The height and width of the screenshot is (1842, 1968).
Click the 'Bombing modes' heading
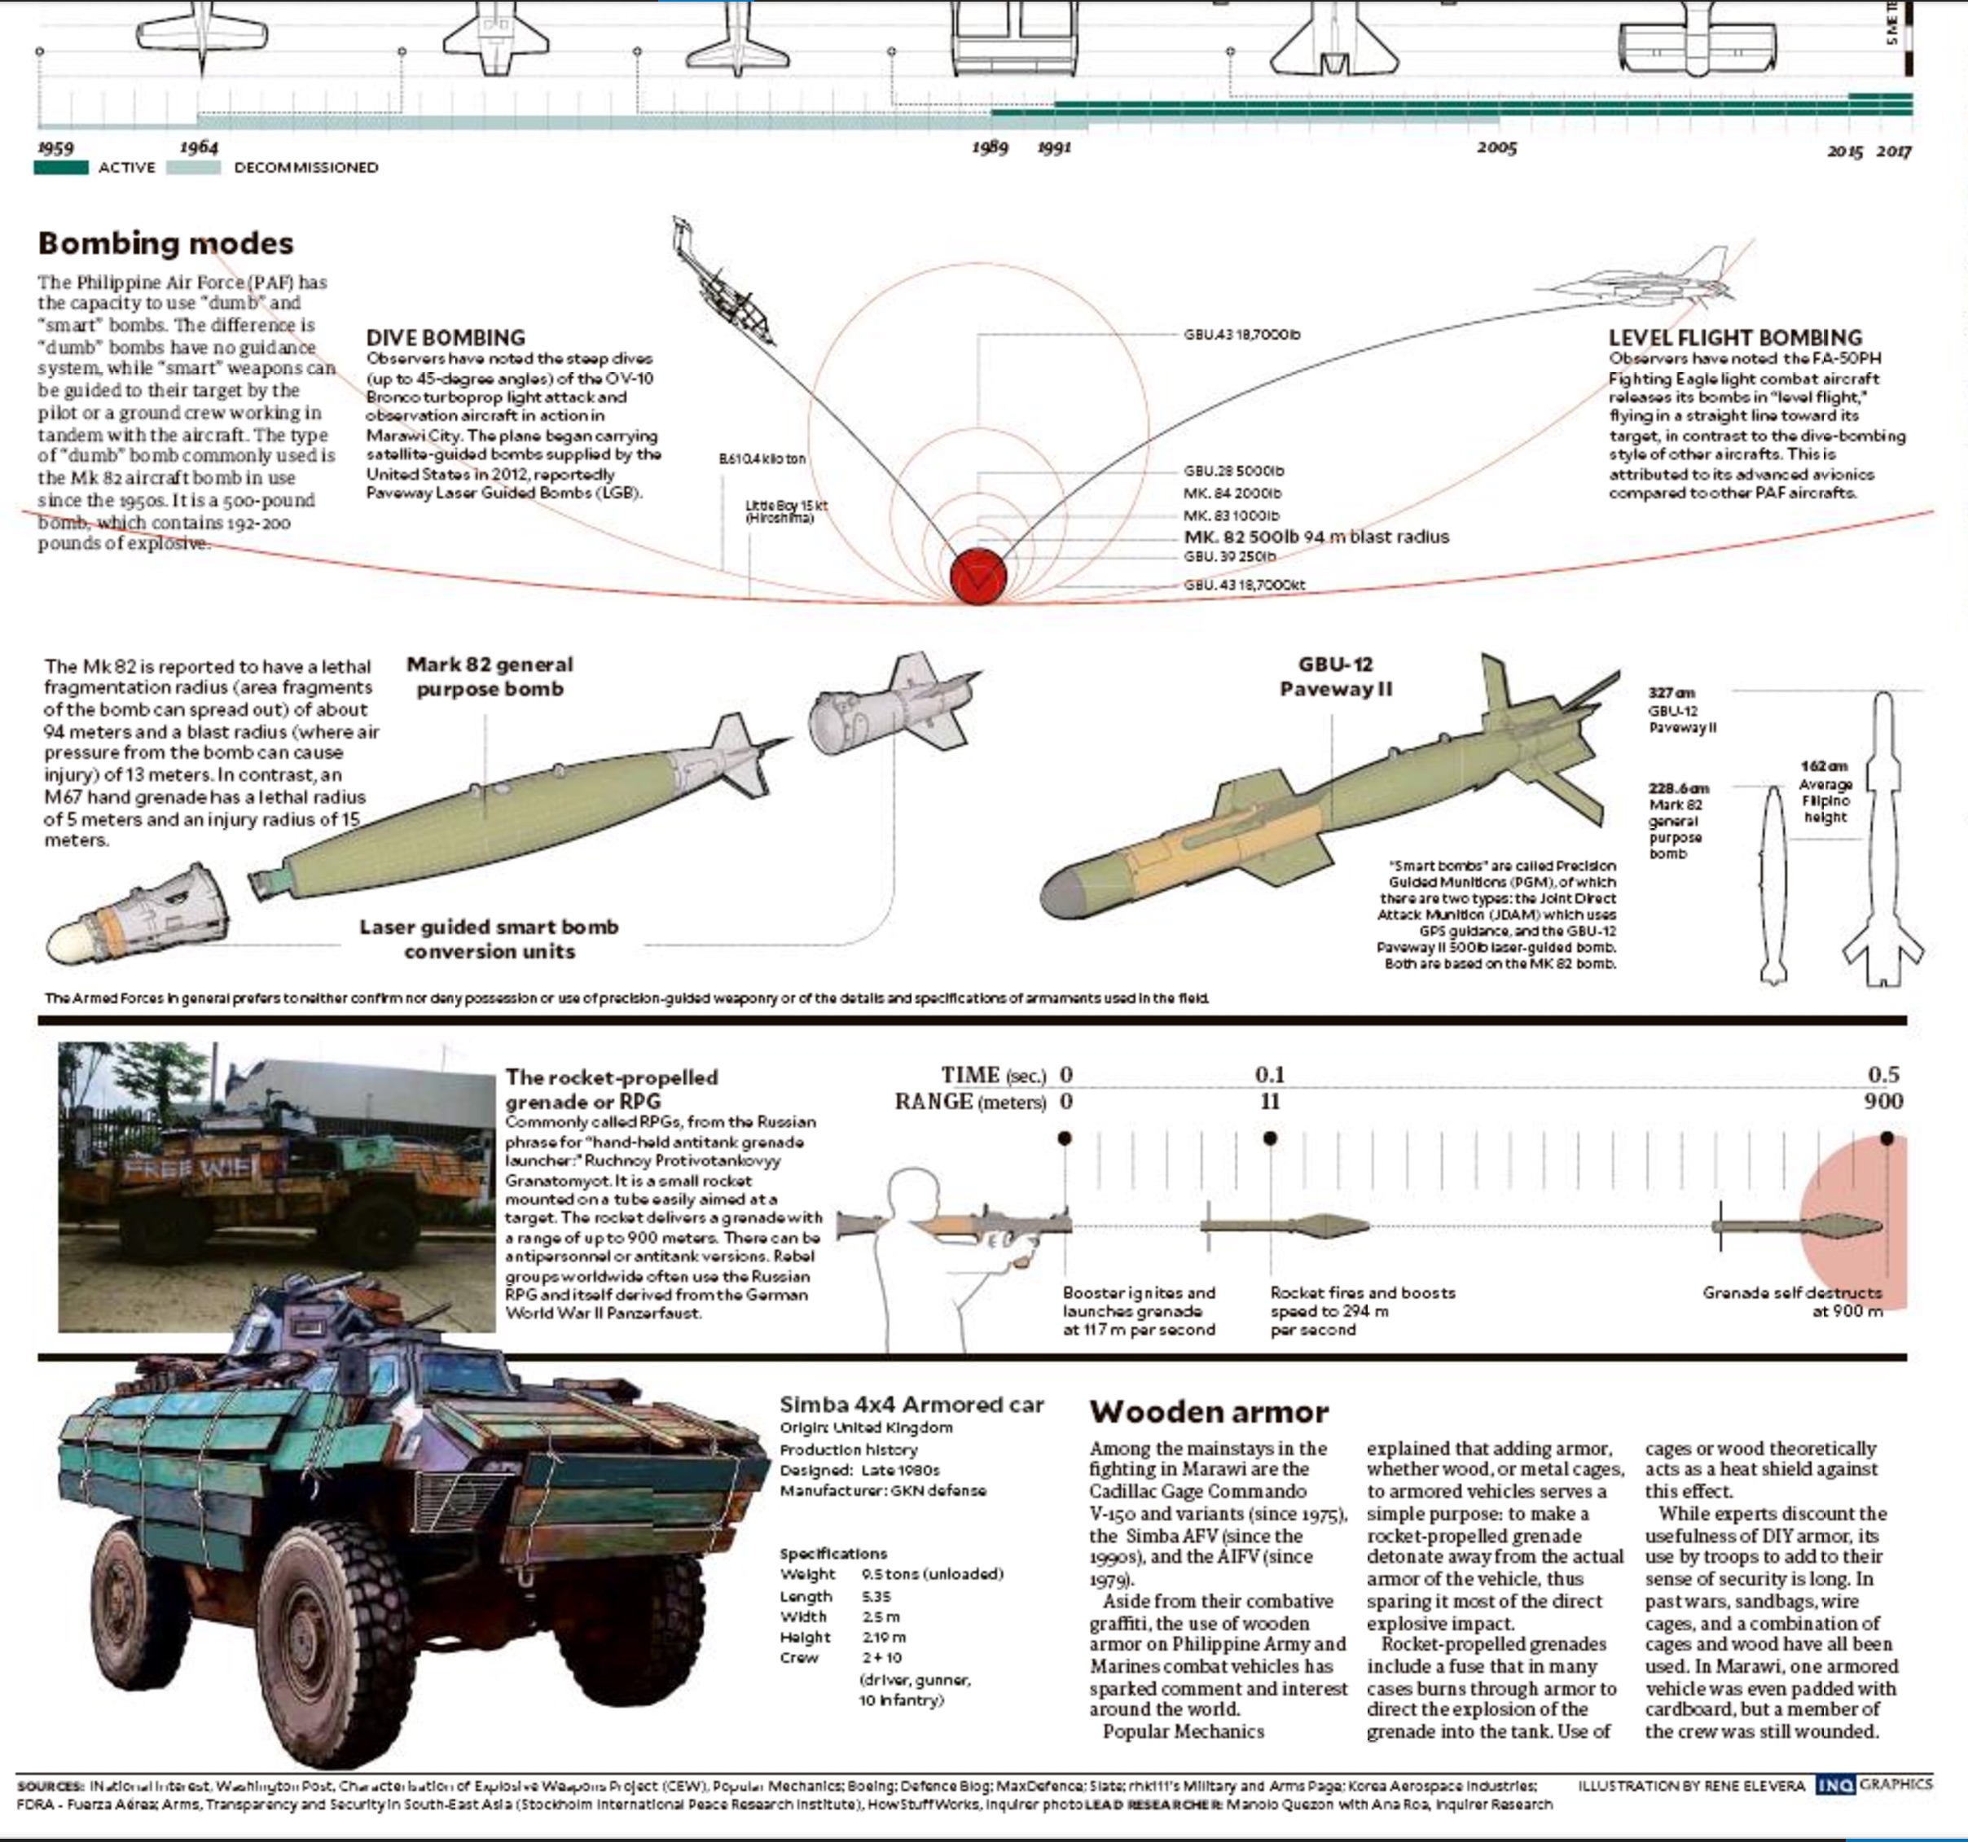click(165, 243)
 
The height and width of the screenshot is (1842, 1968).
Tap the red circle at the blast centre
click(978, 575)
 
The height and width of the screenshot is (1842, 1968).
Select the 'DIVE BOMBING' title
click(446, 337)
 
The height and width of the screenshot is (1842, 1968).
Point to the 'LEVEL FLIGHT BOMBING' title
click(1734, 337)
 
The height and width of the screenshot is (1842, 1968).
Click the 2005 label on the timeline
click(1496, 147)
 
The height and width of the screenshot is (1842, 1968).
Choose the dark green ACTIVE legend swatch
click(60, 167)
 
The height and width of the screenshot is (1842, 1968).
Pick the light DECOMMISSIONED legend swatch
click(193, 167)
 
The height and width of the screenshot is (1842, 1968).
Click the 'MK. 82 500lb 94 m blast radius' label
click(1316, 537)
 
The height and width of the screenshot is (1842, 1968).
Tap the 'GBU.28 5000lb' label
click(1232, 471)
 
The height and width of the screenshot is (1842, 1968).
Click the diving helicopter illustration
click(727, 285)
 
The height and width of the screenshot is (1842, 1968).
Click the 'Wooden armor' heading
click(1208, 1411)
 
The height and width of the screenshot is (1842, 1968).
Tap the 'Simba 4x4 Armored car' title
click(911, 1405)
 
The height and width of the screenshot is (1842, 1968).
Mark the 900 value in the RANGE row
click(1882, 1102)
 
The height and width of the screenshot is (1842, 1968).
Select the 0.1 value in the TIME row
click(1269, 1075)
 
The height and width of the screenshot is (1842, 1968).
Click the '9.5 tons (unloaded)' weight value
click(932, 1574)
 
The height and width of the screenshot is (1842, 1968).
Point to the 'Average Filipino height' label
click(1825, 800)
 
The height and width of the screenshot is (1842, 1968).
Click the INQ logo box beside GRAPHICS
click(1835, 1786)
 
